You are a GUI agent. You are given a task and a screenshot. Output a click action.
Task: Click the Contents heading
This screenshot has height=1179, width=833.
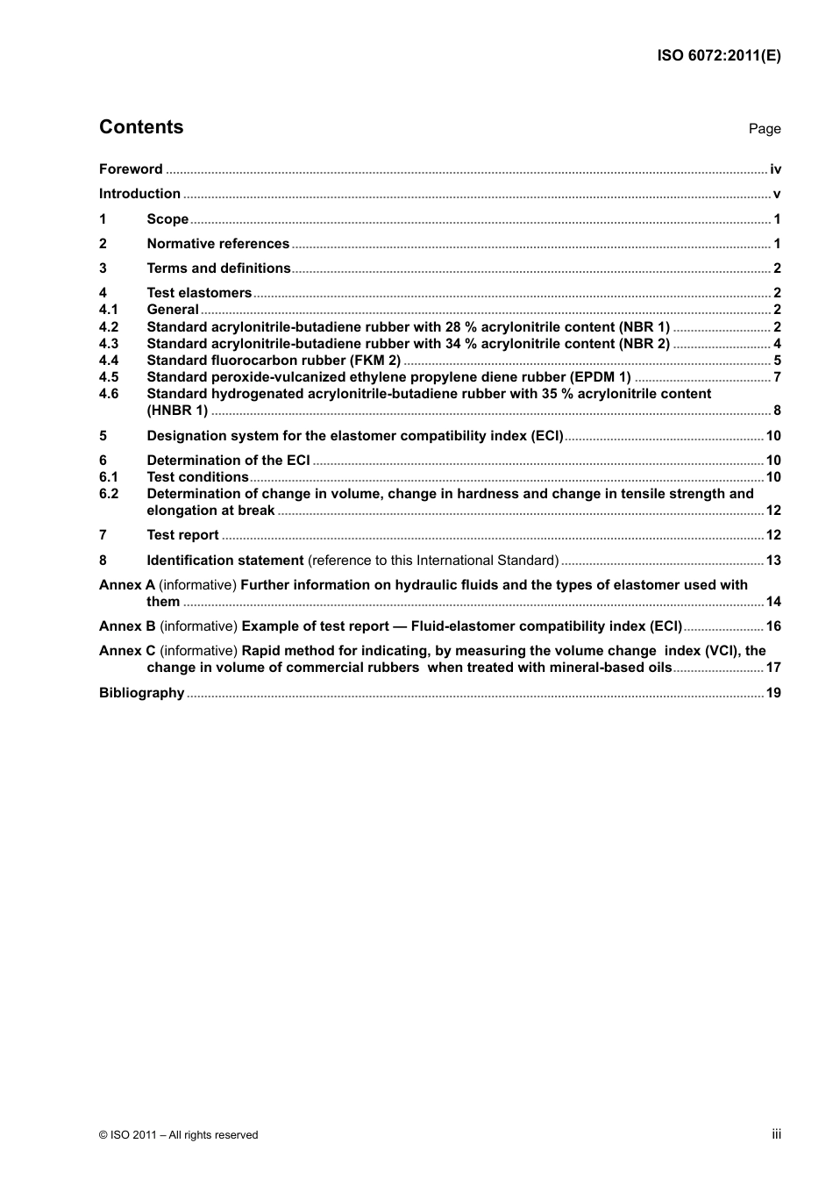pos(141,127)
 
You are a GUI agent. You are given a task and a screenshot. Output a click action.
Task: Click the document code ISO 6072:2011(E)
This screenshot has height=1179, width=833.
pos(719,55)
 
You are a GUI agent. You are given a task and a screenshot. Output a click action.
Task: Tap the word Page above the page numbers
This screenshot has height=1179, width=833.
pos(764,129)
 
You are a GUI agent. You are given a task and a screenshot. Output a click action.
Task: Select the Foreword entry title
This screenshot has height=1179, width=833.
pos(131,169)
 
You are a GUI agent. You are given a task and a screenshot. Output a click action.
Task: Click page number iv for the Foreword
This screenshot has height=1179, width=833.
pos(775,169)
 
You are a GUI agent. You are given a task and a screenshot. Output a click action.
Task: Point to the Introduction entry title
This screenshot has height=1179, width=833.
pos(139,194)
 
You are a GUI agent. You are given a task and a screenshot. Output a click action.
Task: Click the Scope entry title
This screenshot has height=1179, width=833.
pos(167,219)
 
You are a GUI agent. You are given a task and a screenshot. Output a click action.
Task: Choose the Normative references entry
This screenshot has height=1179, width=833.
pos(217,244)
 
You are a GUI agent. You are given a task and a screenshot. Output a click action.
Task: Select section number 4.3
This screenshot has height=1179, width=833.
pos(109,344)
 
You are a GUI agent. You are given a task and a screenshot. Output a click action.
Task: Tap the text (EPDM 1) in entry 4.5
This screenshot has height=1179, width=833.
pos(601,377)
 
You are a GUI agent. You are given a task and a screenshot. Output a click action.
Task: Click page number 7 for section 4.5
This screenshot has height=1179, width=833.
pos(777,377)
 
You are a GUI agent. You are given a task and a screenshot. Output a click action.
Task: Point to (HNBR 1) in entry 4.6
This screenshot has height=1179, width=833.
pos(177,411)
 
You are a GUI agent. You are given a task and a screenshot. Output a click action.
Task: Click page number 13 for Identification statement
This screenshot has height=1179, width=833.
pos(773,561)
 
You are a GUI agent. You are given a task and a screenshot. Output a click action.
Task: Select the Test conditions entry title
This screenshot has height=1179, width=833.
pos(197,477)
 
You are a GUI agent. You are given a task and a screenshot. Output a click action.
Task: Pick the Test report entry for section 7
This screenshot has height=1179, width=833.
pos(182,535)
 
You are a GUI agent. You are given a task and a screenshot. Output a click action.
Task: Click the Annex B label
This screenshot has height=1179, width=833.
pos(127,626)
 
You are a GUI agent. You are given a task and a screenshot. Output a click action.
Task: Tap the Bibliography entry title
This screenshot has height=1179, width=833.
pos(141,693)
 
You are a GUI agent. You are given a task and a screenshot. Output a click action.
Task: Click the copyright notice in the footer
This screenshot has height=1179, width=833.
pos(179,1135)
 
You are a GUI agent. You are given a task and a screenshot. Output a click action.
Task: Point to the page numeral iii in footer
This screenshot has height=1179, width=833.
pos(776,1134)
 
